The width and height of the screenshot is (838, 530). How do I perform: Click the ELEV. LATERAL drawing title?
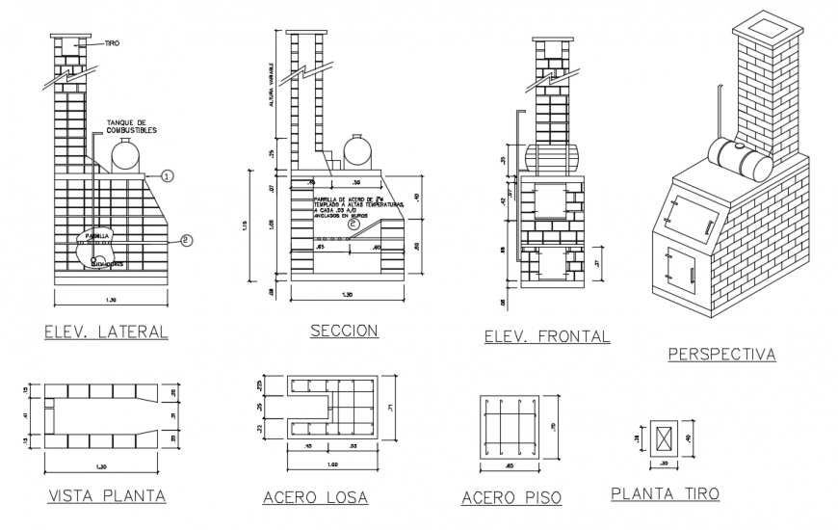coord(107,332)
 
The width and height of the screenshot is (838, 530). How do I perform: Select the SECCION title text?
coord(344,331)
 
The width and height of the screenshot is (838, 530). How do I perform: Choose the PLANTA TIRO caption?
coord(664,493)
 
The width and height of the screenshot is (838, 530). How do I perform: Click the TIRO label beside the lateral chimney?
coord(111,43)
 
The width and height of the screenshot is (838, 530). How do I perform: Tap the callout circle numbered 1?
coord(167,176)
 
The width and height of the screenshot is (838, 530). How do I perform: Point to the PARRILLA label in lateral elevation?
coord(97,234)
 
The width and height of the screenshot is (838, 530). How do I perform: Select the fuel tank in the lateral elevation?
coord(125,155)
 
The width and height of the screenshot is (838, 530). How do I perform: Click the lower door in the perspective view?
coord(681,267)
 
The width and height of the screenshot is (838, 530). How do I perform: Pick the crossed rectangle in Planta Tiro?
coord(664,438)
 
